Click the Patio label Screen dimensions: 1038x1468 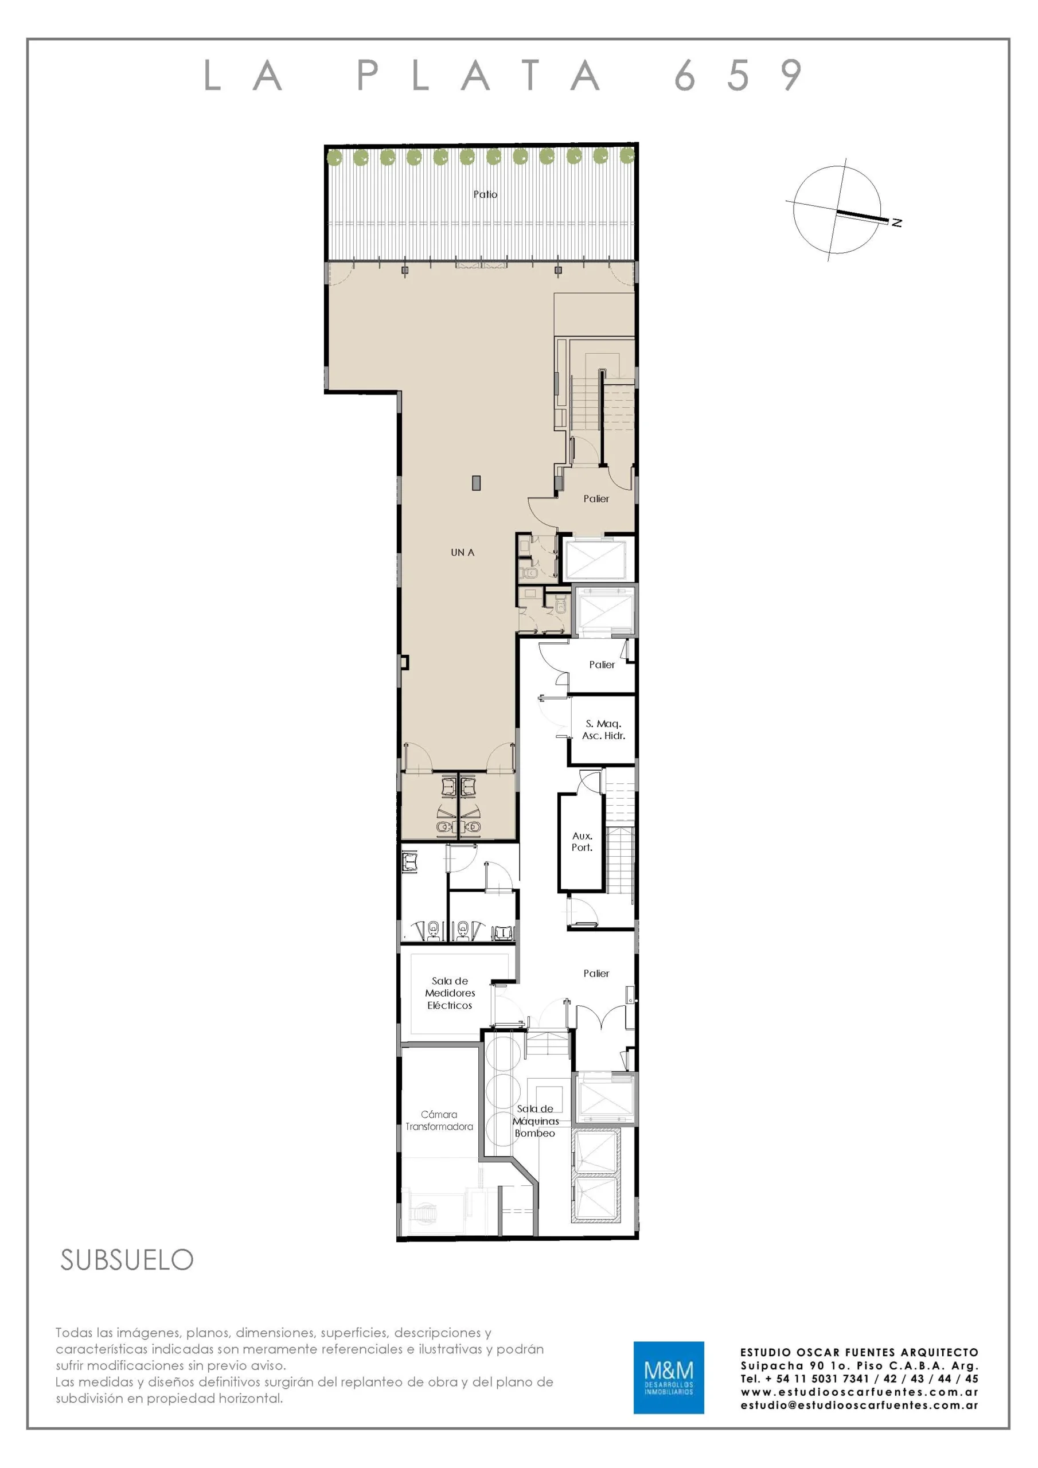485,194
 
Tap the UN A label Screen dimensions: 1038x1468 462,552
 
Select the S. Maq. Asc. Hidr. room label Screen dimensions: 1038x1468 603,729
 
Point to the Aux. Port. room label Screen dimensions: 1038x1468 582,841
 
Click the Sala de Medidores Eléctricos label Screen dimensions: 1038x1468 450,993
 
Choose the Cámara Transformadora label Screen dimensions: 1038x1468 439,1120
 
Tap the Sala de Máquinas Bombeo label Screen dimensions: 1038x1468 535,1121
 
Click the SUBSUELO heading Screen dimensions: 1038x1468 127,1260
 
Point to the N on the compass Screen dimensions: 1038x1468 897,222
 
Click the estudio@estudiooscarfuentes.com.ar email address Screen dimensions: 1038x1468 860,1405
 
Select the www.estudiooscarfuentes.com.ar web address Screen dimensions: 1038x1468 860,1392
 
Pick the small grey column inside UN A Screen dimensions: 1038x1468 476,483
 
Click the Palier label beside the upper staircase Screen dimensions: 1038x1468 596,499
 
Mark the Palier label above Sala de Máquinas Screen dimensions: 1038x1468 596,973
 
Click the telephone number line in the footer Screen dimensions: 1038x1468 860,1379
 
